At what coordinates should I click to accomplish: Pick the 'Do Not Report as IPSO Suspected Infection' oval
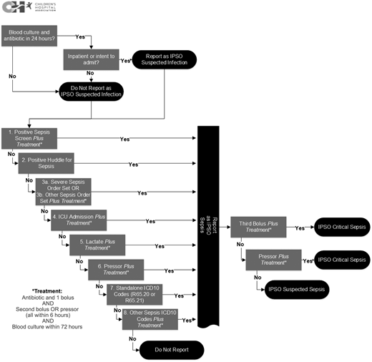[91, 91]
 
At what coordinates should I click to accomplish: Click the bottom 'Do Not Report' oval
[172, 349]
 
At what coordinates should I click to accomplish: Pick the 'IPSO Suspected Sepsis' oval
[295, 290]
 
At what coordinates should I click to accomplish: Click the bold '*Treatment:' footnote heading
[48, 291]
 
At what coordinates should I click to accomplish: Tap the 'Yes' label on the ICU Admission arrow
[150, 222]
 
